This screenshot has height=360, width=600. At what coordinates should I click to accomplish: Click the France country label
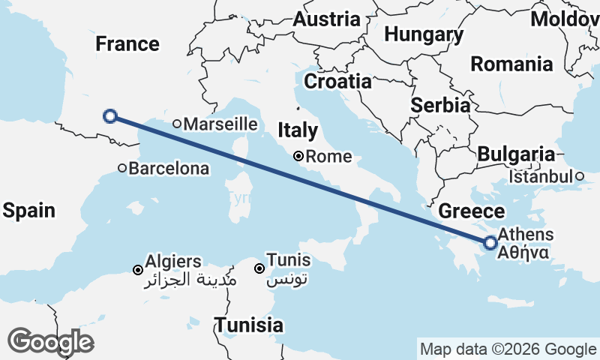point(127,44)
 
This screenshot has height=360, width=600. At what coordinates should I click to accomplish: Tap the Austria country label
point(327,19)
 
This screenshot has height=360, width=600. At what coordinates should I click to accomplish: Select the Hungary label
point(423,34)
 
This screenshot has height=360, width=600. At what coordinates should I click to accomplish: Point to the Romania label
point(512,64)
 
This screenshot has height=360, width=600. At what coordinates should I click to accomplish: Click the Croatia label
point(337,81)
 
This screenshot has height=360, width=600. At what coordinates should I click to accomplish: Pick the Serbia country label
point(440,106)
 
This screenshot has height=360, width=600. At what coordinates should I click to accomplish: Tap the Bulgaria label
point(516,154)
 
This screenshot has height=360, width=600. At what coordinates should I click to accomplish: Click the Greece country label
point(472,210)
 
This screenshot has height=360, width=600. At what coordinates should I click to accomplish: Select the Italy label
point(297,130)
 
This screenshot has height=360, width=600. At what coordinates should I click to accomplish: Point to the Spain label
point(29,211)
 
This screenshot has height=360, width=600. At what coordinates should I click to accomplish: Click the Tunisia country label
point(249,325)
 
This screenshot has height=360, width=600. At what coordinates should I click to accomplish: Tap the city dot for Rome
point(298,157)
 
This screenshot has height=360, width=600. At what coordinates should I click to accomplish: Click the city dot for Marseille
point(177,124)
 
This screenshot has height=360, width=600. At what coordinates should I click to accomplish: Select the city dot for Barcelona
point(122,168)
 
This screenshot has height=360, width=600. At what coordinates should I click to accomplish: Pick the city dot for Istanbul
point(580,176)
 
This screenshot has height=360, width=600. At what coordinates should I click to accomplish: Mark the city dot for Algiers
point(138,270)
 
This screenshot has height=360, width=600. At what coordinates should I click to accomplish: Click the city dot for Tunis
point(259,268)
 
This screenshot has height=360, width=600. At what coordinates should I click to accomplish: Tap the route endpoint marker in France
point(110,115)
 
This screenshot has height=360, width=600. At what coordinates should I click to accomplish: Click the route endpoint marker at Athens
point(490,243)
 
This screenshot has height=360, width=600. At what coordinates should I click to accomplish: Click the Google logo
point(50,342)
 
